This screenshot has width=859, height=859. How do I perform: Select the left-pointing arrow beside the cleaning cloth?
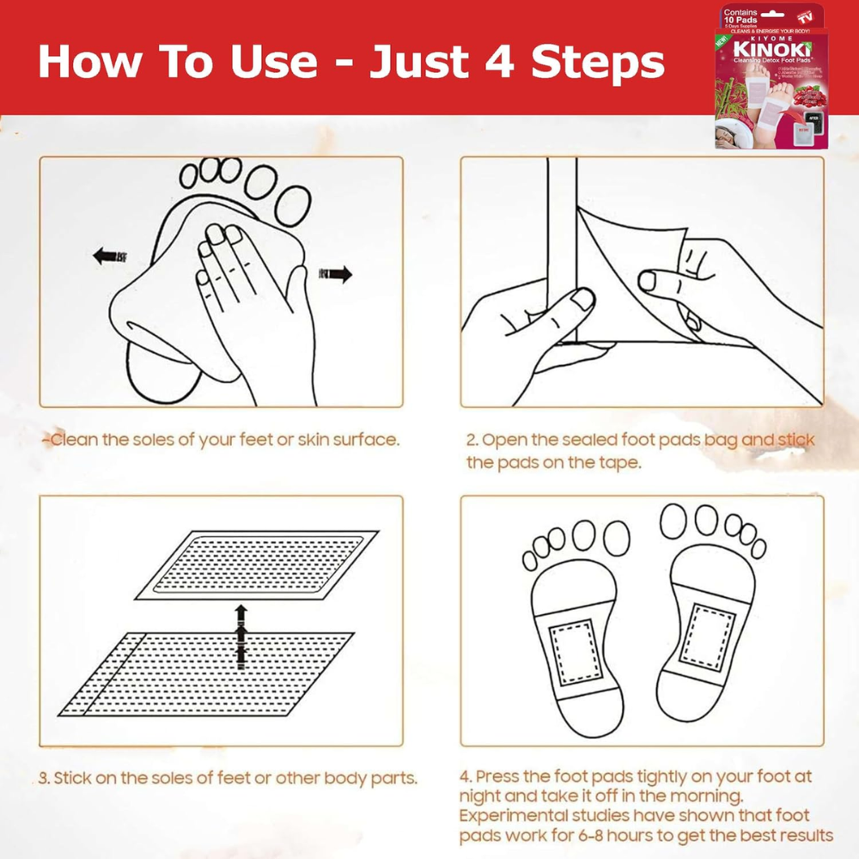pyautogui.click(x=109, y=256)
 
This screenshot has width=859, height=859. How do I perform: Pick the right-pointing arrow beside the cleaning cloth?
pyautogui.click(x=336, y=275)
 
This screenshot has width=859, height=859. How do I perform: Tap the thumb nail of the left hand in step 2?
pyautogui.click(x=583, y=298)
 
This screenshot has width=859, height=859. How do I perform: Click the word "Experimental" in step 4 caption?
pyautogui.click(x=521, y=816)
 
